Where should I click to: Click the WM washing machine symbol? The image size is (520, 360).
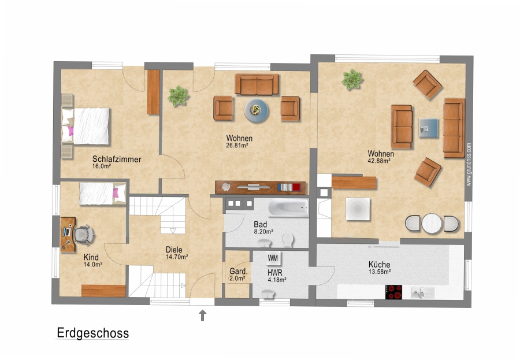[x=273, y=258]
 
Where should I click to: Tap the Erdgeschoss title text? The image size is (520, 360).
[x=92, y=333]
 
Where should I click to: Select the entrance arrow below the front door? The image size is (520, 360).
[x=202, y=315]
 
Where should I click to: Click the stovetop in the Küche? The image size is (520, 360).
[x=393, y=292]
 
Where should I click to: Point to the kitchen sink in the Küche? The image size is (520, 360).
[x=422, y=292]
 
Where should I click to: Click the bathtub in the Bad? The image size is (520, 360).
[x=288, y=208]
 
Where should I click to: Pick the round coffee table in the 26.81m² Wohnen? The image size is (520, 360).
[x=257, y=110]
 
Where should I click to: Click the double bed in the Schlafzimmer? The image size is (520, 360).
[x=86, y=126]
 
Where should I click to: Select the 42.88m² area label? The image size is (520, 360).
[x=378, y=161]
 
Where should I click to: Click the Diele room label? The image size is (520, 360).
[x=174, y=250]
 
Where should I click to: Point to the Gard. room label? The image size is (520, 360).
[x=239, y=272]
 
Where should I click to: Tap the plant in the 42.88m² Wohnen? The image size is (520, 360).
[x=352, y=80]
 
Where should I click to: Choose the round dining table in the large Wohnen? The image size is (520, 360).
[x=432, y=224]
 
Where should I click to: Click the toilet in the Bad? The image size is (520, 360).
[x=288, y=240]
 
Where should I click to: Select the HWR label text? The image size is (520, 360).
[x=275, y=273]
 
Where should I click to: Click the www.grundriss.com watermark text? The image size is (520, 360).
[x=468, y=165]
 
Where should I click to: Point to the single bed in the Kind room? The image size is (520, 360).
[x=103, y=194]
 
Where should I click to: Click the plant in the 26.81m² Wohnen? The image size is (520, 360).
[x=179, y=96]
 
